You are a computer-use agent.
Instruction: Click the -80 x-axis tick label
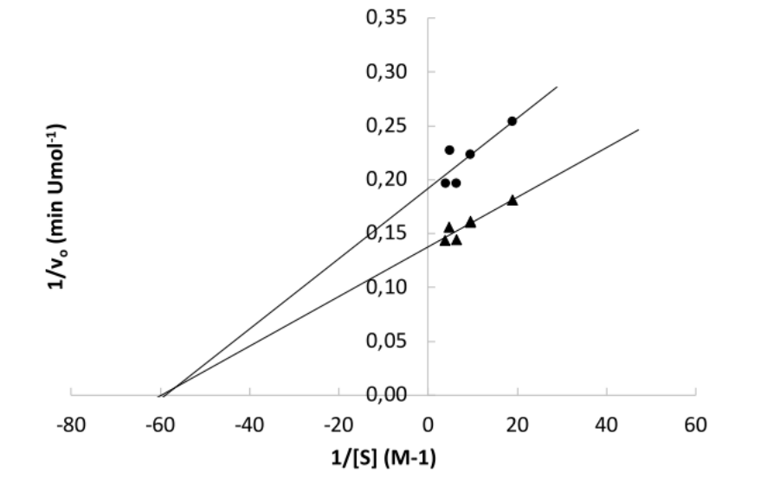pyautogui.click(x=71, y=425)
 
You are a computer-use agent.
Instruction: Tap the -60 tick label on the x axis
pyautogui.click(x=160, y=425)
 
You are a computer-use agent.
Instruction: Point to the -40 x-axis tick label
pyautogui.click(x=249, y=425)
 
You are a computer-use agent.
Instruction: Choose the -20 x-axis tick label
pyautogui.click(x=338, y=425)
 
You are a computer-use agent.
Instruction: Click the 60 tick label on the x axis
pyautogui.click(x=695, y=425)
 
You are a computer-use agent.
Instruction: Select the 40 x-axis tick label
pyautogui.click(x=606, y=425)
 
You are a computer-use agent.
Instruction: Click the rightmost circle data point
pyautogui.click(x=512, y=121)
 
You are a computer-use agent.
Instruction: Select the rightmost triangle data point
pyautogui.click(x=512, y=200)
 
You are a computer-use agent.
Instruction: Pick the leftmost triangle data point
pyautogui.click(x=445, y=240)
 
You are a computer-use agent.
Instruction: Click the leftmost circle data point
pyautogui.click(x=445, y=182)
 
